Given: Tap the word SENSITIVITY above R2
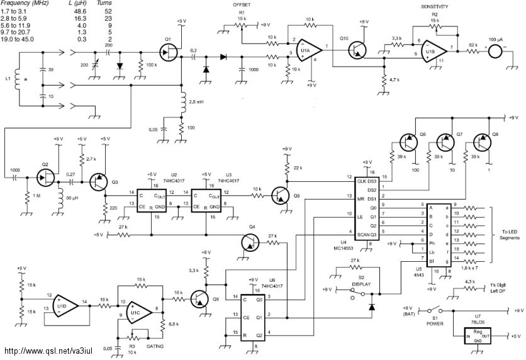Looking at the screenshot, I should point(435,6).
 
